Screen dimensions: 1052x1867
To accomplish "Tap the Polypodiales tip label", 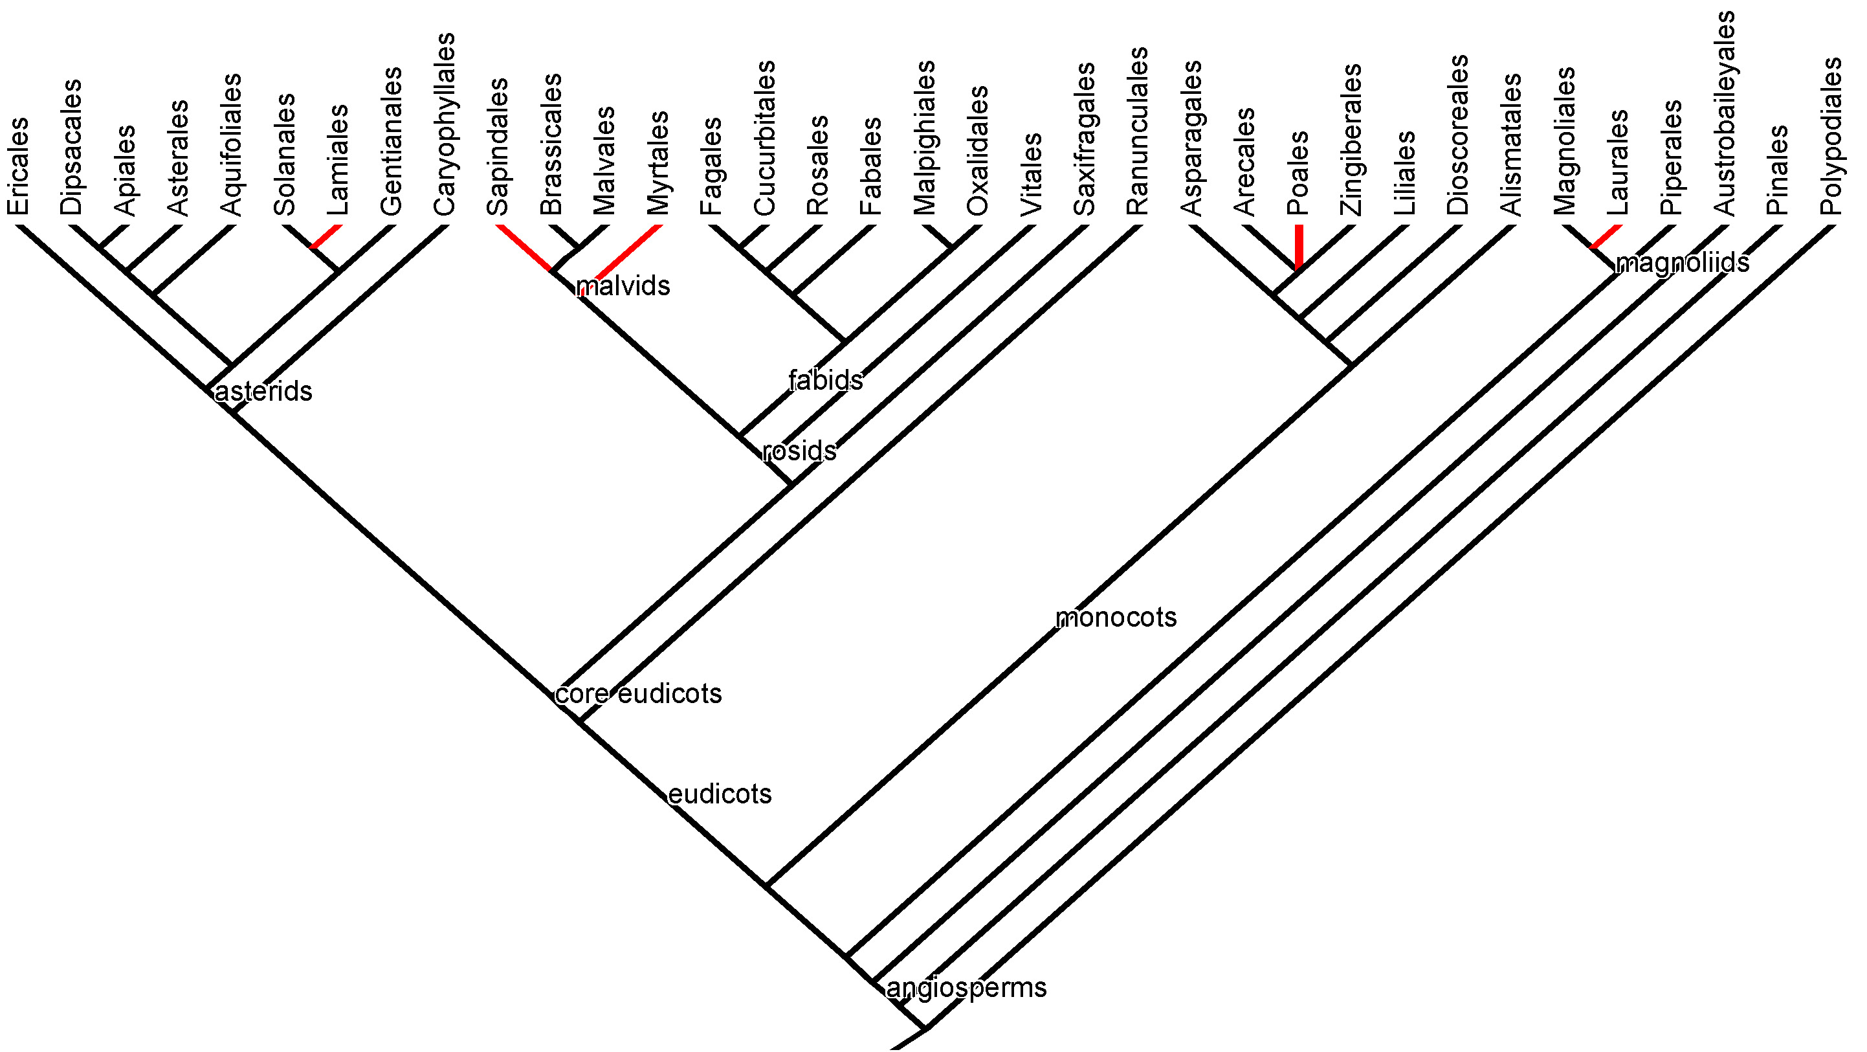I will pos(1831,137).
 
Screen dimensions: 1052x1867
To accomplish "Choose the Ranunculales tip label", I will pos(1137,131).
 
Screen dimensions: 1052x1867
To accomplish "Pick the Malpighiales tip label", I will pos(924,138).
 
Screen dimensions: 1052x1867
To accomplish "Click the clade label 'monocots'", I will pos(1116,618).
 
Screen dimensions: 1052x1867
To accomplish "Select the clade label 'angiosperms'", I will pos(966,987).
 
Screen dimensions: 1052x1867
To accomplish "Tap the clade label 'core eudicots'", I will pos(639,694).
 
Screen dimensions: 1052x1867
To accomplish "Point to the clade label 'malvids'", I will pos(623,286).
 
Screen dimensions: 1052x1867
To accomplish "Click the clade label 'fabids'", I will pos(826,380).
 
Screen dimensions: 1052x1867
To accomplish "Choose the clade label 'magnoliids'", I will pos(1682,262).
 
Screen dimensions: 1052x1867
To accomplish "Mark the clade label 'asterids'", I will pos(263,392).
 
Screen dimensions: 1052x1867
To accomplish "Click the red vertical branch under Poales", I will pos(1299,247).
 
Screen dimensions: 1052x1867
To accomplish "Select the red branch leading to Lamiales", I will pos(326,236).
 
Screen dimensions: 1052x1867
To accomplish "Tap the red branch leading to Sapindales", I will pos(524,247).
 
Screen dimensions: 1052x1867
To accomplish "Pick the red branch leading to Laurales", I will pos(1606,236).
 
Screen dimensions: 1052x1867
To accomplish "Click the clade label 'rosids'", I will pos(799,452).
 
